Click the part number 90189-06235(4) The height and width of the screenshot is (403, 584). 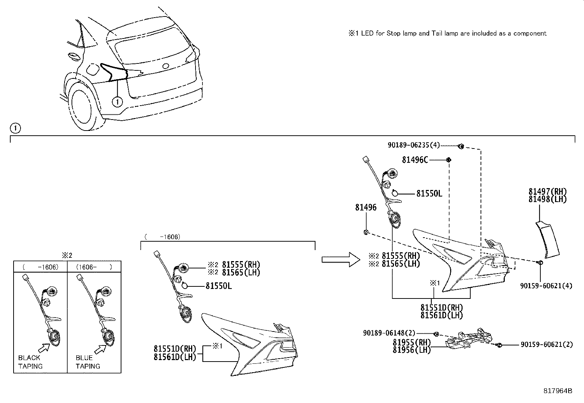413,145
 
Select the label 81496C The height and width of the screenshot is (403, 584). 415,160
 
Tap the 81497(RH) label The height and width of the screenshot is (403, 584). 547,191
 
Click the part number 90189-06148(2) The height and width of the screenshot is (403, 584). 389,333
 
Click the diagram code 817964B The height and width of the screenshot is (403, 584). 558,391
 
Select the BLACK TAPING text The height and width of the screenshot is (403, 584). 30,362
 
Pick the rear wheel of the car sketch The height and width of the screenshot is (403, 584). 81,106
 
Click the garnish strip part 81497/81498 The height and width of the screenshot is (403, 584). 548,238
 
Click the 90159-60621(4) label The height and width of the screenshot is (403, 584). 546,286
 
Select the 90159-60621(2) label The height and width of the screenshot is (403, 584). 546,345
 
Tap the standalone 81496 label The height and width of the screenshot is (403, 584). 365,208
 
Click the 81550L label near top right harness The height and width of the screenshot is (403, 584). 429,193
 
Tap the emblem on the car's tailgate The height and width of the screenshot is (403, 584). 166,66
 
